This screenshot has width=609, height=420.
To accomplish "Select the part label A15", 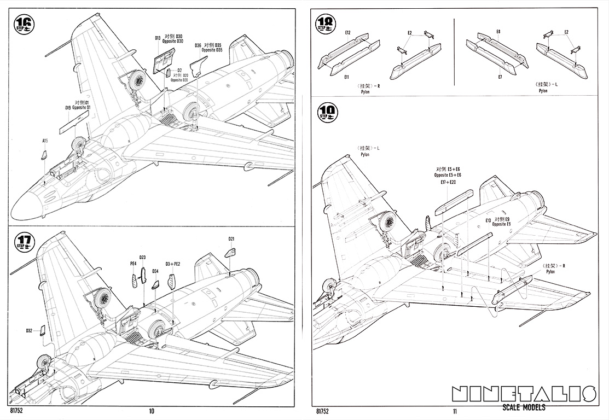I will (45, 141).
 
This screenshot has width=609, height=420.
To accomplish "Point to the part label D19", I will (68, 108).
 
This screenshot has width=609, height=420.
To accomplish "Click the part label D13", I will (158, 38).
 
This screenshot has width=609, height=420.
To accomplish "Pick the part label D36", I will (198, 45).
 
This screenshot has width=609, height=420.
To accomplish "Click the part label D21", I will (231, 239).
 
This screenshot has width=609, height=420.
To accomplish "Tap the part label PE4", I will (133, 263).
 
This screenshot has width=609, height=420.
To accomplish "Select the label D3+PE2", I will (173, 264).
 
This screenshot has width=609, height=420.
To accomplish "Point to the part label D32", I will (29, 330).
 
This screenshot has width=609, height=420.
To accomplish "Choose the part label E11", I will (347, 78).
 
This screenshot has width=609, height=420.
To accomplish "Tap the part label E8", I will (498, 32).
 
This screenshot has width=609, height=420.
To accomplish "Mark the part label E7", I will (500, 77).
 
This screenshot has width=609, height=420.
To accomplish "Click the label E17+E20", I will (448, 182).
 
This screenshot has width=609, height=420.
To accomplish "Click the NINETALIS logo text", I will (524, 394).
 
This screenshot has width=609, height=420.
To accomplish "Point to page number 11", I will (455, 411).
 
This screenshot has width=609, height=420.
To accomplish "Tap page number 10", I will (152, 411).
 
